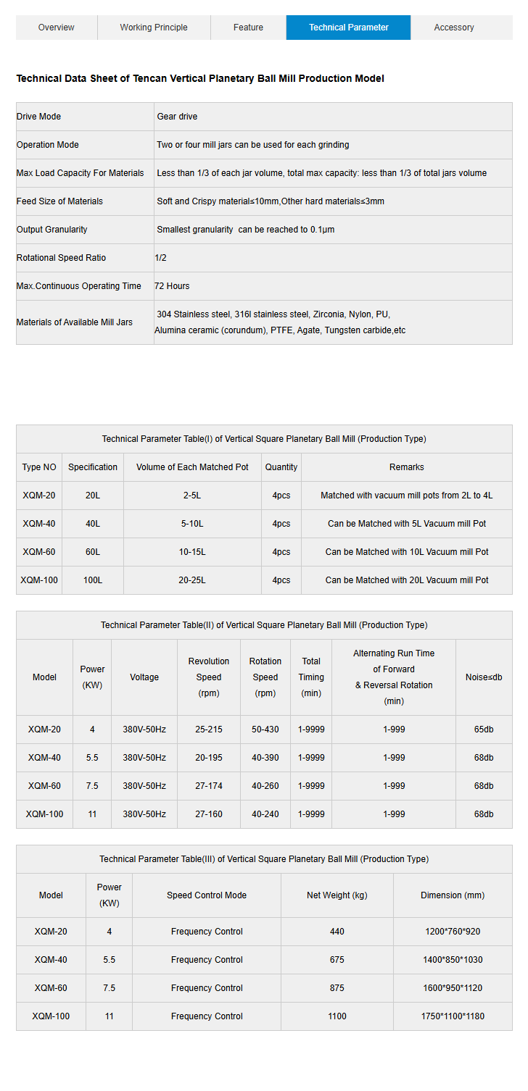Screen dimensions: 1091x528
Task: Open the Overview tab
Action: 56,28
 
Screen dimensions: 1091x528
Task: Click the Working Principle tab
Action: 154,28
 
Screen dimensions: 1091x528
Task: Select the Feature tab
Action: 248,28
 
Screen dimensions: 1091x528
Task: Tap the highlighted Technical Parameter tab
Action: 348,28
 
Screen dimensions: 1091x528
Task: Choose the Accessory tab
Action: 454,28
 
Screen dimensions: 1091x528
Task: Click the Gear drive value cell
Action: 177,117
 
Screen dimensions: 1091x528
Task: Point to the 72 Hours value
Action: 172,286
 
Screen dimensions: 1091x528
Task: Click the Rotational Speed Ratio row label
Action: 61,258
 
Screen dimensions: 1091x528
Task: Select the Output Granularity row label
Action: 52,230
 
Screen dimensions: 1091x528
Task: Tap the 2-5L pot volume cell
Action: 192,496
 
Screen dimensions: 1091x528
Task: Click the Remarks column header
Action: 406,467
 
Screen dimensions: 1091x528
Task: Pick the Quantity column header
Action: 281,467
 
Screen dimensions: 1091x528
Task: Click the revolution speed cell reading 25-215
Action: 209,730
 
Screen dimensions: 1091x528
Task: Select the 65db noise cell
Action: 484,730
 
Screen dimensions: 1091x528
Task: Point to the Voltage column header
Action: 144,677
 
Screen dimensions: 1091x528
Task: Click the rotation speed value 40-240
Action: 265,814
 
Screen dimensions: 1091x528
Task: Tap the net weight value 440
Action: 337,932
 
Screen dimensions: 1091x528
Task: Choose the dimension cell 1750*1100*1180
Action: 453,1016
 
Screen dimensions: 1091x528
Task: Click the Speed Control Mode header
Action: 207,895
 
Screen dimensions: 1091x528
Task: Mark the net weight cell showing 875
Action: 337,988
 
